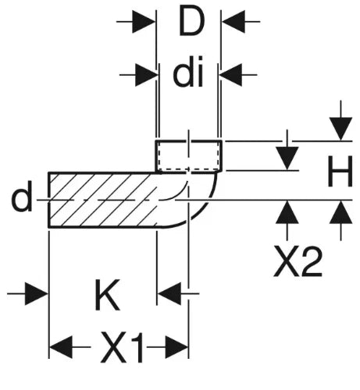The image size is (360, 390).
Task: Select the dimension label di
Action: [x=188, y=72]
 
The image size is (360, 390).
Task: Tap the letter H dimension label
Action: [x=340, y=171]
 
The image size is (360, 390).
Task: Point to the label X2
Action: [x=298, y=262]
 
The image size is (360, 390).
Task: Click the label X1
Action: [x=122, y=347]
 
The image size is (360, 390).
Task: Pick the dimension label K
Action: [x=107, y=295]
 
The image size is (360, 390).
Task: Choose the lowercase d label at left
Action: [x=21, y=196]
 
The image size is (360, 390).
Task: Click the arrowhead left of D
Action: [x=144, y=22]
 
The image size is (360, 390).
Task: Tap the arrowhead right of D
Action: [x=233, y=22]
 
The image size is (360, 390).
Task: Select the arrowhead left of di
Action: [x=147, y=75]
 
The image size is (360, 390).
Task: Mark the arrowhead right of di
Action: [x=230, y=75]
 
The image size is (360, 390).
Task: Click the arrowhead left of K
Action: [x=37, y=294]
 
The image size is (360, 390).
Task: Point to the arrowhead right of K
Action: [x=169, y=294]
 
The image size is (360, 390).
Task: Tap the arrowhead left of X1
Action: [x=61, y=347]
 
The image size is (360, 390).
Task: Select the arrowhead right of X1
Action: [x=177, y=347]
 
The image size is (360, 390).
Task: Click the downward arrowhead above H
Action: [x=340, y=129]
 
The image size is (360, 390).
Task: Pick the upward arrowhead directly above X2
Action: [x=287, y=212]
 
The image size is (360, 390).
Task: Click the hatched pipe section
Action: [x=103, y=200]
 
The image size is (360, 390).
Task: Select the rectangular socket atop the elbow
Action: [x=189, y=156]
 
